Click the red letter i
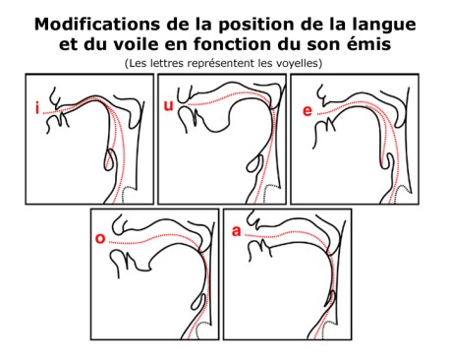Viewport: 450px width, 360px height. [x=37, y=108]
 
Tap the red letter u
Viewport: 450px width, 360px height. [x=168, y=105]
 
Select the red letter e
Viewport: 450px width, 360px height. [x=308, y=111]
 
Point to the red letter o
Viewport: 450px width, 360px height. [x=100, y=238]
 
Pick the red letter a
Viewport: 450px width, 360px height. [x=236, y=231]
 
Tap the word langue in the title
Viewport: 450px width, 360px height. [x=385, y=26]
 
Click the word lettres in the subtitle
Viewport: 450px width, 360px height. [x=166, y=63]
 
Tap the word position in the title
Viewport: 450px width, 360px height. [x=255, y=26]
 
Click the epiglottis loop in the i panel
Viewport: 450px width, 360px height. [x=111, y=159]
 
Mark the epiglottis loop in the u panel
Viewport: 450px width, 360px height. [x=256, y=165]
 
